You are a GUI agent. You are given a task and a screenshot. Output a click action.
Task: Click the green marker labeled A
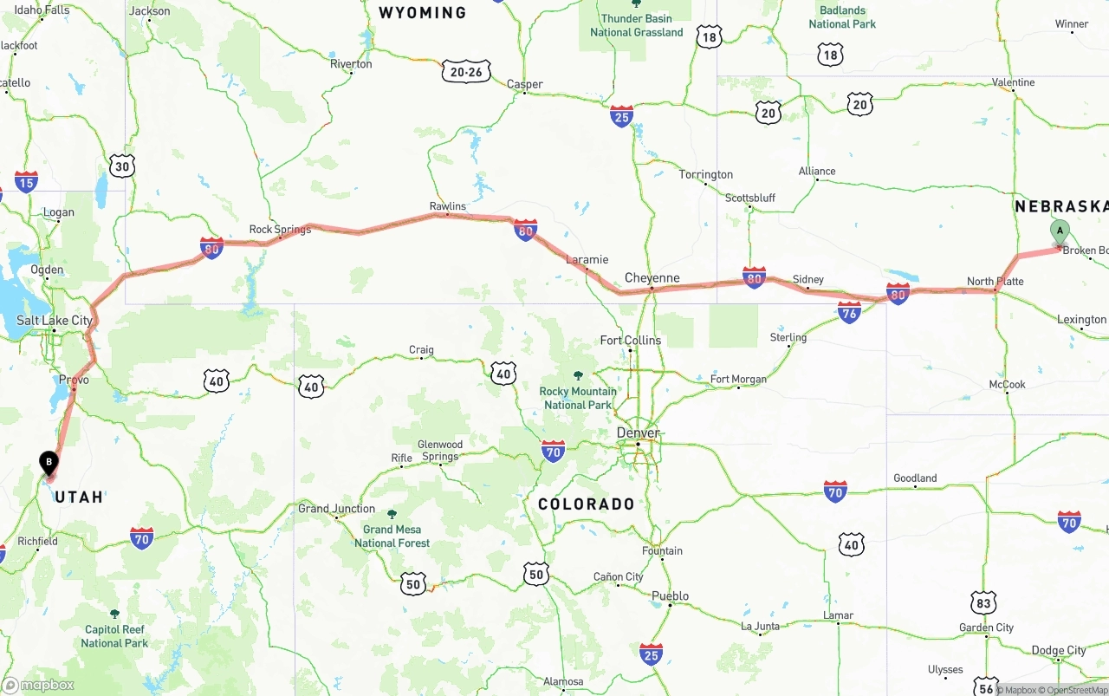(x=1059, y=231)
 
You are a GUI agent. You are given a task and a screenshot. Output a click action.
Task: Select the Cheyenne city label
(x=652, y=278)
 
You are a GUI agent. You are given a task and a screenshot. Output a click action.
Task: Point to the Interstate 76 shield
(x=849, y=312)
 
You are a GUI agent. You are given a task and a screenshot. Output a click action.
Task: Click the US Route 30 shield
(x=122, y=166)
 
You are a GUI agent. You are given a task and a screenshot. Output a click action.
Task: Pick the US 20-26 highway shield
(x=466, y=72)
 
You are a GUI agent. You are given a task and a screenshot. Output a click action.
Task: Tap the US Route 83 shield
(x=983, y=602)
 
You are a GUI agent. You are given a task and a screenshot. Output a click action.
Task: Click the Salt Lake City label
(x=55, y=321)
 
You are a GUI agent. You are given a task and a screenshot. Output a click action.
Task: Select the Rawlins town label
(x=448, y=206)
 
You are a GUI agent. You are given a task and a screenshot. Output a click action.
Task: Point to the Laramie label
(x=587, y=259)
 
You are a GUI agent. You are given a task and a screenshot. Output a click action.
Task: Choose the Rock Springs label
(x=280, y=230)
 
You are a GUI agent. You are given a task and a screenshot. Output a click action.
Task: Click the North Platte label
(x=995, y=282)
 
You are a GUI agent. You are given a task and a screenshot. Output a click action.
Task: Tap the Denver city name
(x=639, y=433)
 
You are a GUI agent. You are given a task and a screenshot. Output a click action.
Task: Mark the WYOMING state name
(x=423, y=13)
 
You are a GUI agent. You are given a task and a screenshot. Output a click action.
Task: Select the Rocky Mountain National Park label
(x=578, y=398)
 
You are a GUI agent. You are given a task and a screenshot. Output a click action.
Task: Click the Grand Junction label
(x=337, y=509)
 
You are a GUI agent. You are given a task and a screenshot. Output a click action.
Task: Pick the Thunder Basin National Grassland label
(x=637, y=25)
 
